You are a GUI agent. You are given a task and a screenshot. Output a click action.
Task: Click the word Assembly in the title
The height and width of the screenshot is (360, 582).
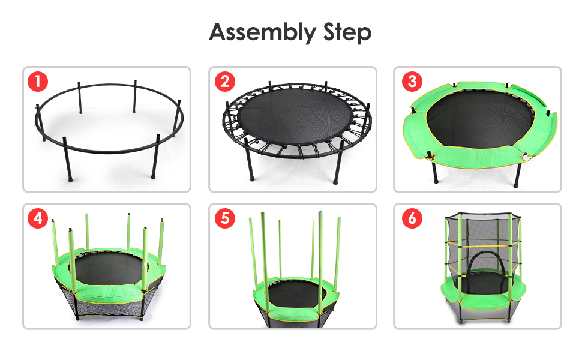262,32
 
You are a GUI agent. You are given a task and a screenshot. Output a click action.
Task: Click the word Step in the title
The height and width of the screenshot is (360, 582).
347,32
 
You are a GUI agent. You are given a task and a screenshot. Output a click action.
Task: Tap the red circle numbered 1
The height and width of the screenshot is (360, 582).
38,81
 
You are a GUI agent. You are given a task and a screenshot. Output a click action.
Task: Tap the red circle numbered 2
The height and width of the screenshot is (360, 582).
225,81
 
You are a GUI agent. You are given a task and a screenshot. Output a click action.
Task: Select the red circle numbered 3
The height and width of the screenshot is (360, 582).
412,81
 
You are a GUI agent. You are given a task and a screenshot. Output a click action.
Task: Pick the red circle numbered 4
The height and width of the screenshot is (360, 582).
38,218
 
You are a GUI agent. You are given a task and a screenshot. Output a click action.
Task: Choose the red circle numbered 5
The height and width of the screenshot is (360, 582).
225,218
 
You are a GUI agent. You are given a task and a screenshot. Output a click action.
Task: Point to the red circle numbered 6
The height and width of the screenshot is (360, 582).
412,218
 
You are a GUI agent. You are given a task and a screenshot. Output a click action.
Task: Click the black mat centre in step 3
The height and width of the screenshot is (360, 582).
479,119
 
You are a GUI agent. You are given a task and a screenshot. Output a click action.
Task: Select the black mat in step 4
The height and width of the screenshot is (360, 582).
109,268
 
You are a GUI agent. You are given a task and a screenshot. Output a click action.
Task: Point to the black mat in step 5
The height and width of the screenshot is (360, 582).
296,295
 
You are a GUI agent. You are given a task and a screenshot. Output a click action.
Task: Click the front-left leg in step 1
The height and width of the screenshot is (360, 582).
68,159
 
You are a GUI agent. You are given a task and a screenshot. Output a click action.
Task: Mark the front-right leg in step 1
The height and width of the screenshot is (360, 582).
155,156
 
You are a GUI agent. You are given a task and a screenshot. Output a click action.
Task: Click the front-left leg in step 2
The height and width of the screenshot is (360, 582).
248,160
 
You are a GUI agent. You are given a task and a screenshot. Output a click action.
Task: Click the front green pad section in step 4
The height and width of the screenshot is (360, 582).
110,294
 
